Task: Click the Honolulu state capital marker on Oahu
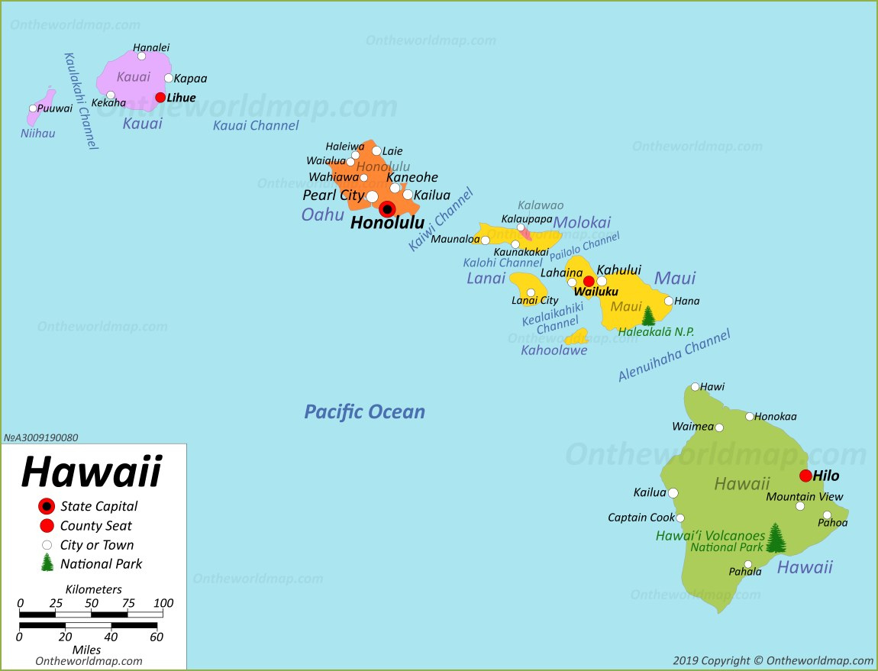(387, 209)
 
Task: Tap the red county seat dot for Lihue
(160, 97)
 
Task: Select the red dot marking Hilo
(805, 476)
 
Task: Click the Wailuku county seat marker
(589, 281)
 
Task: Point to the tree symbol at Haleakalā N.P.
(648, 315)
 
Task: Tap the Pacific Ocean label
(364, 412)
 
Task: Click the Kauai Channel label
(255, 125)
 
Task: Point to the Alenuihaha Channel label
(673, 355)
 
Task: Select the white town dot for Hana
(669, 301)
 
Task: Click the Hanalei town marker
(141, 56)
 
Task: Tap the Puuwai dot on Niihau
(33, 108)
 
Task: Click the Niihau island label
(37, 134)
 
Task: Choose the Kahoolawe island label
(554, 350)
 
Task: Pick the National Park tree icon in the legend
(47, 563)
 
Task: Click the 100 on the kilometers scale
(163, 603)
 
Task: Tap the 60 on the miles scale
(157, 637)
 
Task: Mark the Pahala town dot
(748, 565)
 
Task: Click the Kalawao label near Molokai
(540, 205)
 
